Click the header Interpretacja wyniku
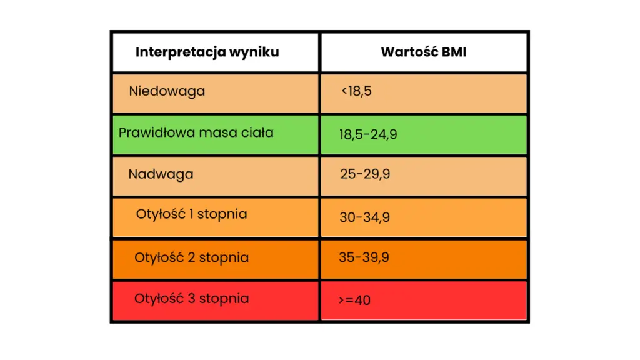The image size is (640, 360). [207, 52]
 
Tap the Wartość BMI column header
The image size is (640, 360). [423, 52]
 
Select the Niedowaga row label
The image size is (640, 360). [167, 91]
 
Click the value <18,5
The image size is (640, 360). [356, 91]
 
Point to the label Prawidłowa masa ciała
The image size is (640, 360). [196, 132]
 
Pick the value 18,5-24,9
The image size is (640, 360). [368, 134]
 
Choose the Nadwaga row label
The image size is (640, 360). [161, 174]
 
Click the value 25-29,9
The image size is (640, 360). [365, 174]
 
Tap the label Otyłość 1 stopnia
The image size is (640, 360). [192, 214]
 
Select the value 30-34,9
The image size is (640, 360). [364, 217]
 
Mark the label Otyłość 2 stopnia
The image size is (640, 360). [191, 257]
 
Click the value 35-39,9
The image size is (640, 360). [364, 257]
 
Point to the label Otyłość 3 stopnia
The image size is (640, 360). [191, 299]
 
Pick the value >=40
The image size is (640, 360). [354, 300]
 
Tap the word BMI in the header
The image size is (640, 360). [452, 52]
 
